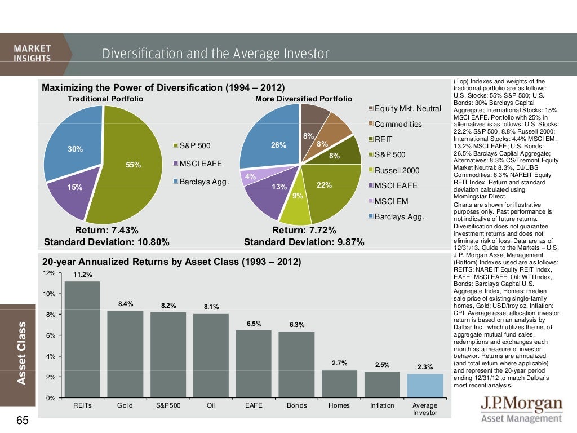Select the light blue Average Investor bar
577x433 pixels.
[x=425, y=386]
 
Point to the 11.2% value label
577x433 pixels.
[x=82, y=275]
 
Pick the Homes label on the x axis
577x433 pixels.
[x=339, y=405]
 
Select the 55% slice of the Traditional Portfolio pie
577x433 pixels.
[x=127, y=169]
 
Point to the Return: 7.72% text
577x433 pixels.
[x=304, y=230]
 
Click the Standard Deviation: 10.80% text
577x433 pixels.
[x=106, y=242]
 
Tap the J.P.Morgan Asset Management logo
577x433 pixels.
[x=521, y=410]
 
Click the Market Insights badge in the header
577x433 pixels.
[x=33, y=54]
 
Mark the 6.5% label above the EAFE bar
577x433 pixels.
[x=254, y=324]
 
